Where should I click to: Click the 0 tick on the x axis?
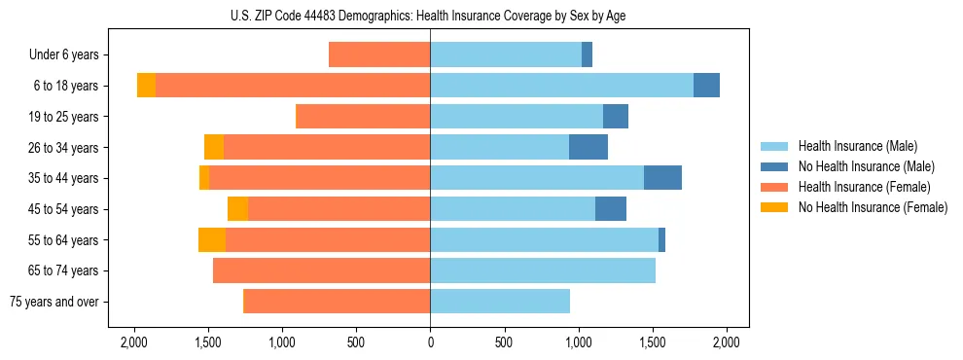pyautogui.click(x=430, y=342)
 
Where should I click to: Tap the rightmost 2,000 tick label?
pyautogui.click(x=727, y=342)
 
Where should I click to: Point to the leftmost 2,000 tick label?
pyautogui.click(x=133, y=342)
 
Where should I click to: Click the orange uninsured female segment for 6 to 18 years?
pyautogui.click(x=146, y=86)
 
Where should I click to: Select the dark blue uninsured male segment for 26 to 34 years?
pyautogui.click(x=588, y=147)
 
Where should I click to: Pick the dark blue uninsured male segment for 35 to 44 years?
pyautogui.click(x=662, y=178)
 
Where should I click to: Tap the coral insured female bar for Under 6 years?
pyautogui.click(x=379, y=54)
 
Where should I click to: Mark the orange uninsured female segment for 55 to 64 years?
pyautogui.click(x=212, y=239)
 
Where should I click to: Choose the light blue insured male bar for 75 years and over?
pyautogui.click(x=500, y=302)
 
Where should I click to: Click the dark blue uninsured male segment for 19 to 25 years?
pyautogui.click(x=616, y=117)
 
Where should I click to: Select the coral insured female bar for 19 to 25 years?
pyautogui.click(x=363, y=117)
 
